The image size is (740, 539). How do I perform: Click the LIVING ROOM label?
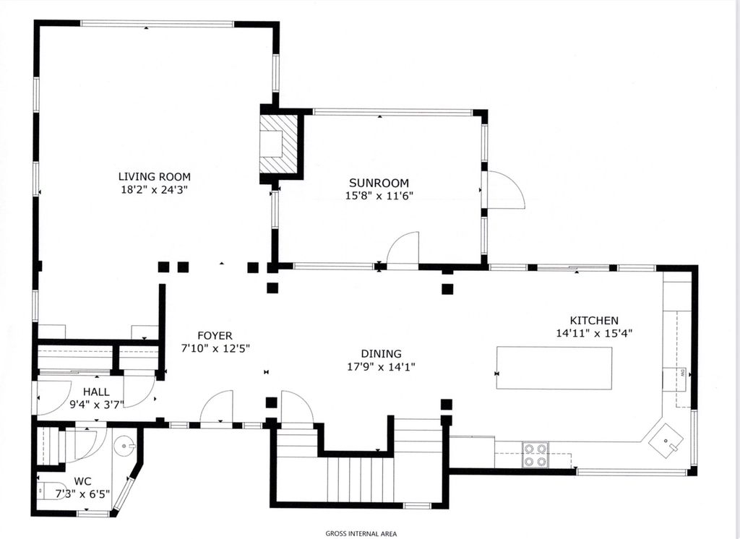tap(155, 177)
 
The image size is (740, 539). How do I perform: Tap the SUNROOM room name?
tap(379, 183)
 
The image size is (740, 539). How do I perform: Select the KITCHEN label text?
tap(594, 321)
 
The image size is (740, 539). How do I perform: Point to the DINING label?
tap(382, 353)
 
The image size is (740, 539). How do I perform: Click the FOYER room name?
tap(215, 335)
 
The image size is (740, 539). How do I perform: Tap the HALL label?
tap(96, 392)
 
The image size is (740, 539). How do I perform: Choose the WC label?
tap(82, 482)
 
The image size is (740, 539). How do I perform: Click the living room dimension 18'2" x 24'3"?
tap(155, 190)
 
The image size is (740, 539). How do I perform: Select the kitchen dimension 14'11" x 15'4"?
tap(594, 333)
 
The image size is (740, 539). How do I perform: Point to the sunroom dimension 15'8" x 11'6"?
tap(379, 196)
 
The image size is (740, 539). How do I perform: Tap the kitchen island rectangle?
tap(554, 368)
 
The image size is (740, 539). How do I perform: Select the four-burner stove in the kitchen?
tap(535, 454)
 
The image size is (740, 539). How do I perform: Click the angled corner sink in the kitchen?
tap(666, 440)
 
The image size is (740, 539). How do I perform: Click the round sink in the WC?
tap(125, 445)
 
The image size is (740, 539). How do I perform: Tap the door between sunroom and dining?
tap(403, 250)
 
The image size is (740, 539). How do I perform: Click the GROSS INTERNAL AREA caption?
tap(361, 534)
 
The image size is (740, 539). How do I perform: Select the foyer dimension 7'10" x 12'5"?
tap(215, 349)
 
